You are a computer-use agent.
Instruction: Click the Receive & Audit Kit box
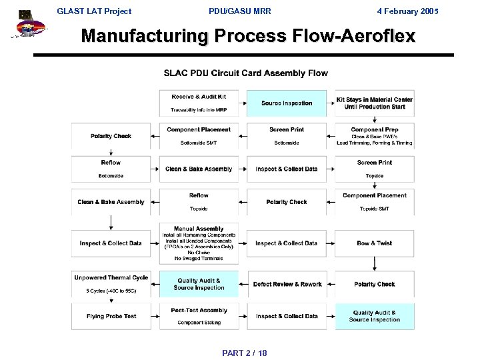click(x=199, y=103)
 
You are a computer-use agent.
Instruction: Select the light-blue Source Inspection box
click(x=287, y=103)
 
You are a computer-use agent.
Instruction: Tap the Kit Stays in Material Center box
click(x=374, y=103)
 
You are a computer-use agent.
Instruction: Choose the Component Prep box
click(x=374, y=135)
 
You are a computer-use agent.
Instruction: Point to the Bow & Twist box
click(x=374, y=243)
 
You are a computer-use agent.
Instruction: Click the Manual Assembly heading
click(x=199, y=229)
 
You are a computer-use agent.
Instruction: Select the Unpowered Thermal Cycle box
click(x=111, y=283)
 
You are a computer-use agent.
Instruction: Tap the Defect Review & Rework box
click(x=287, y=284)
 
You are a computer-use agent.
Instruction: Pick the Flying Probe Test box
click(x=111, y=316)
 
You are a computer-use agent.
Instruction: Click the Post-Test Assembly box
click(x=199, y=315)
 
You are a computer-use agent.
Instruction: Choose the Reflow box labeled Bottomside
click(x=111, y=169)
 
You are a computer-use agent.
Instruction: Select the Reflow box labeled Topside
click(x=199, y=201)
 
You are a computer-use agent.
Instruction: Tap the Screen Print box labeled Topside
click(x=374, y=169)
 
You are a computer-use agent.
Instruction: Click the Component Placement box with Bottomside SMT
click(x=199, y=135)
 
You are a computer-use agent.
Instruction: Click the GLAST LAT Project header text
click(x=94, y=11)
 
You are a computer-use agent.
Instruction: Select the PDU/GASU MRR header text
click(x=239, y=11)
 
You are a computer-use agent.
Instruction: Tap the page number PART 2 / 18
click(x=244, y=352)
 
